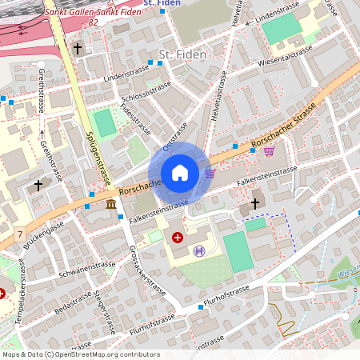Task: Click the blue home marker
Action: pos(180,173)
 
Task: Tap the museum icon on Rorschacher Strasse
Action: pos(110,206)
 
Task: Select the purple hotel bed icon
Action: pos(199,250)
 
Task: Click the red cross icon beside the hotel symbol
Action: pos(178,238)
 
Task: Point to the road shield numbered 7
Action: pos(19,234)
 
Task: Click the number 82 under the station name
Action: pos(94,22)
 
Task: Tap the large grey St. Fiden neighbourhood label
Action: pos(182,54)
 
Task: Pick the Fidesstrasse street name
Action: pos(134,118)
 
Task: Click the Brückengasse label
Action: pos(44,239)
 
